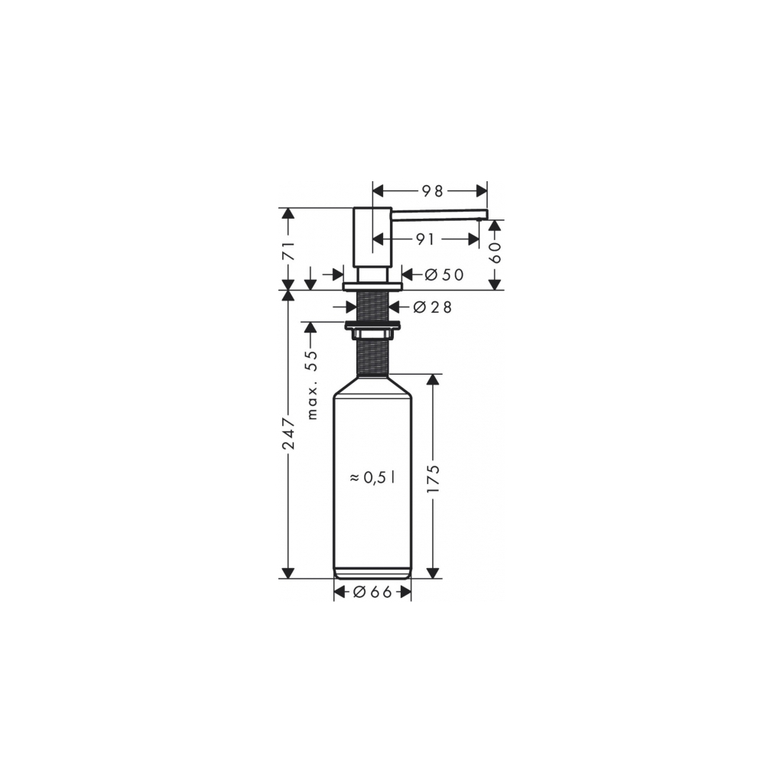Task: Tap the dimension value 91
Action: (x=425, y=239)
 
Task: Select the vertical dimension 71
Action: (x=288, y=249)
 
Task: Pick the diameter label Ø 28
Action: (x=432, y=307)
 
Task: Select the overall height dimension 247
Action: (x=288, y=434)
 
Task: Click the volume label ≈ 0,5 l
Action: (x=372, y=477)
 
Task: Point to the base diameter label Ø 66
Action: (x=372, y=591)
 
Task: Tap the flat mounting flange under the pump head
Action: (x=372, y=287)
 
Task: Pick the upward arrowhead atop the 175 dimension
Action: (x=434, y=379)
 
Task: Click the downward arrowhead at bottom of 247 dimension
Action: (x=288, y=573)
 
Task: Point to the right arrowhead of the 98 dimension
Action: (x=482, y=191)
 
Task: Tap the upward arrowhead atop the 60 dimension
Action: (x=495, y=226)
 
